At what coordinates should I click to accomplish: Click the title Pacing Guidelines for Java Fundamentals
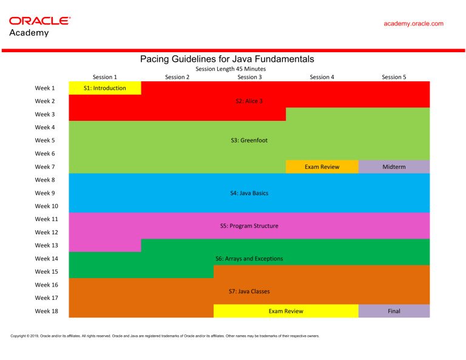point(227,59)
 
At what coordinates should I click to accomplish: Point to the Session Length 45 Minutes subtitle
point(231,69)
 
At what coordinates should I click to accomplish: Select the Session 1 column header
point(104,77)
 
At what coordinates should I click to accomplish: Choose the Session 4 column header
point(322,77)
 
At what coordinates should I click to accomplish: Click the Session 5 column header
point(394,77)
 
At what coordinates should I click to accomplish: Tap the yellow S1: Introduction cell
point(105,88)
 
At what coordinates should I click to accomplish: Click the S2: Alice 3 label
point(249,101)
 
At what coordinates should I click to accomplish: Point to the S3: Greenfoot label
point(249,140)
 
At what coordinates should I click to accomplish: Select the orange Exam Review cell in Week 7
point(322,166)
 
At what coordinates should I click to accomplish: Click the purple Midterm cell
point(394,166)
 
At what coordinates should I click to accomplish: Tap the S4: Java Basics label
point(249,193)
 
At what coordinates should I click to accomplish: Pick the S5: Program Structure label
point(249,226)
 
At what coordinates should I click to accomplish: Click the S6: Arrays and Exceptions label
point(249,259)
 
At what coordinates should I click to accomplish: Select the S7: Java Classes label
point(249,291)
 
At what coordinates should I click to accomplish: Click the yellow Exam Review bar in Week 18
point(286,311)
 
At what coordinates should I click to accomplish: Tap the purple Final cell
point(394,311)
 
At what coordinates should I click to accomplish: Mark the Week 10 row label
point(46,206)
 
